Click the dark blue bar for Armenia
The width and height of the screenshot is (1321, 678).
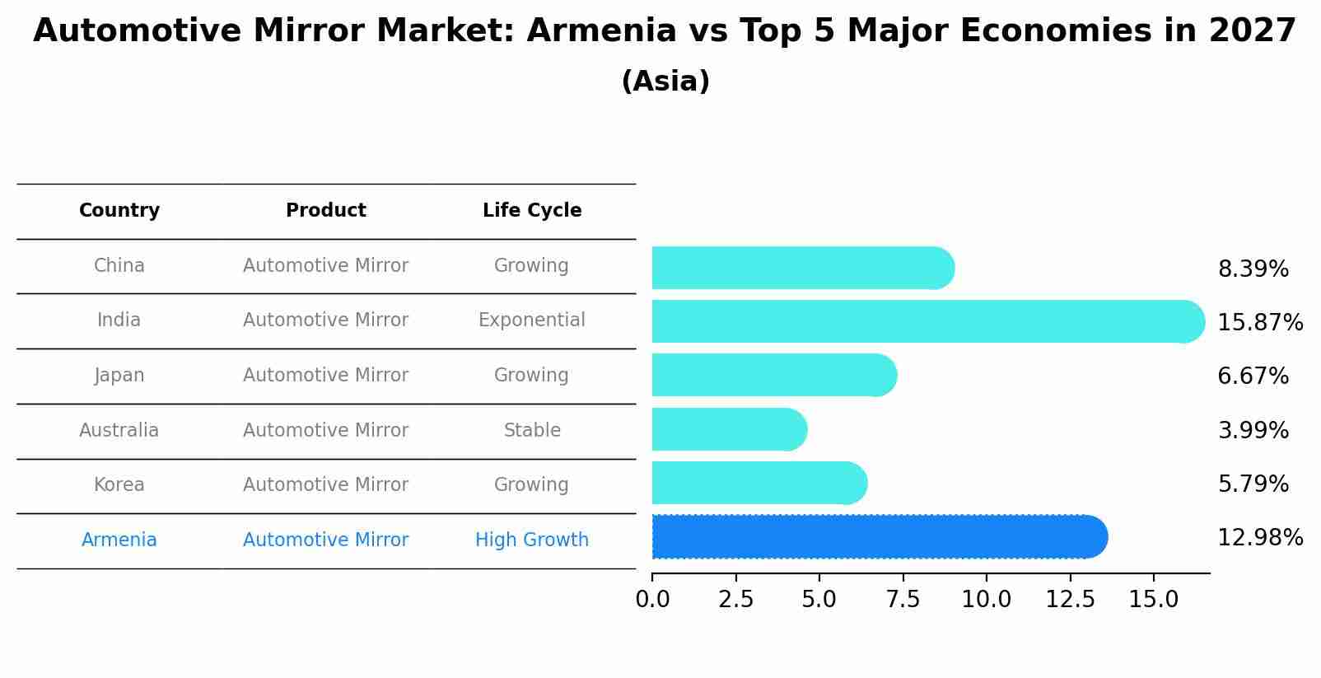[x=878, y=537]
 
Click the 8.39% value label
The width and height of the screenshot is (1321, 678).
[x=1253, y=269]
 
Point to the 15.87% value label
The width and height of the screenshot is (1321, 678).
[x=1259, y=322]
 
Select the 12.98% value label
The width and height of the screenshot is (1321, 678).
[x=1259, y=538]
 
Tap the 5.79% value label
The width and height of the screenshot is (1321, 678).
[x=1253, y=484]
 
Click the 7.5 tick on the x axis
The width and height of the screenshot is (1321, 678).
[x=903, y=600]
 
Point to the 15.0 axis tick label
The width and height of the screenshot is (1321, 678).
[x=1153, y=600]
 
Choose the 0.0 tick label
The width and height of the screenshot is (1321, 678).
[x=652, y=600]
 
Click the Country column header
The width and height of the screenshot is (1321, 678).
[x=119, y=211]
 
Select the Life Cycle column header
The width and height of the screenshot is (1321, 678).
[x=532, y=211]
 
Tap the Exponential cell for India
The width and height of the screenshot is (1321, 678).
[x=532, y=320]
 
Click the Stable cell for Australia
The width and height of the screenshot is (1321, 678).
[x=532, y=430]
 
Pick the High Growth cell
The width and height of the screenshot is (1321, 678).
[x=532, y=540]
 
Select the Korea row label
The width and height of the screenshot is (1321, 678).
[x=119, y=485]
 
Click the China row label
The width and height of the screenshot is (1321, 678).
[x=119, y=266]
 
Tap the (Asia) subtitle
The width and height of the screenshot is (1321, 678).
[x=665, y=82]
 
